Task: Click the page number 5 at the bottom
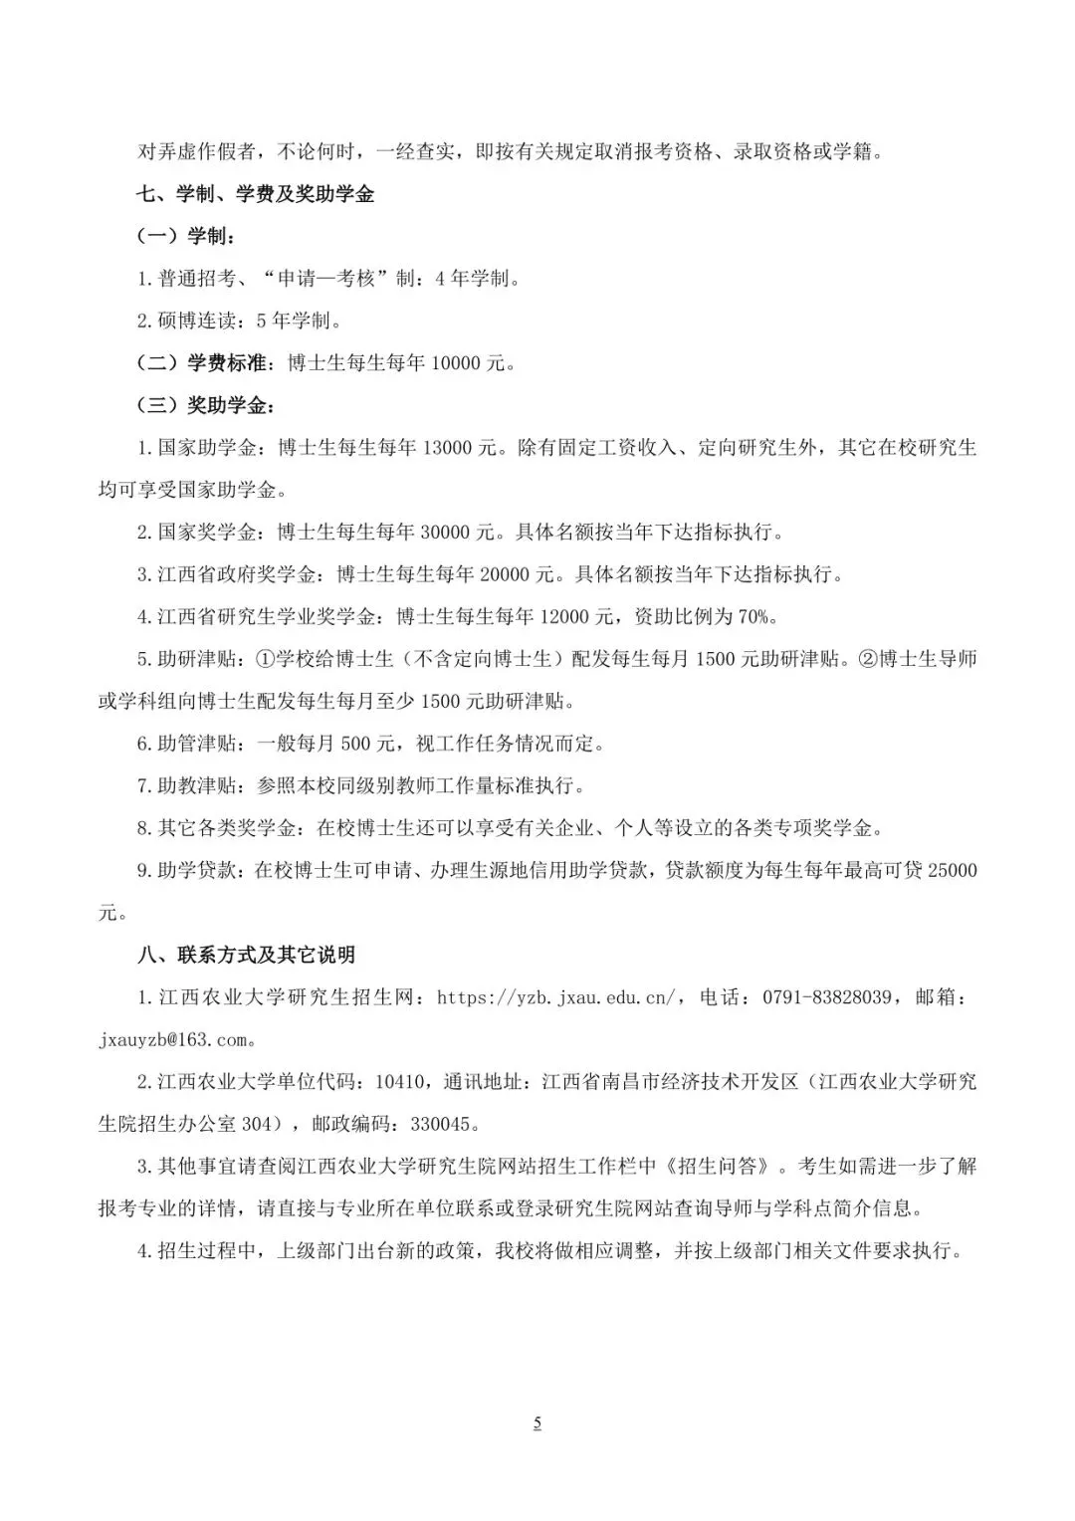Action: pyautogui.click(x=537, y=1423)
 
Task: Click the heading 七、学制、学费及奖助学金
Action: pyautogui.click(x=256, y=194)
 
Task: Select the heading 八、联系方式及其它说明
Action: pyautogui.click(x=246, y=955)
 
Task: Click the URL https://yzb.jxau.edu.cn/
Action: pyautogui.click(x=557, y=997)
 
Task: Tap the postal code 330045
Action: pyautogui.click(x=445, y=1125)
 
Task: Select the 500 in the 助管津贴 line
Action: pyautogui.click(x=355, y=744)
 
